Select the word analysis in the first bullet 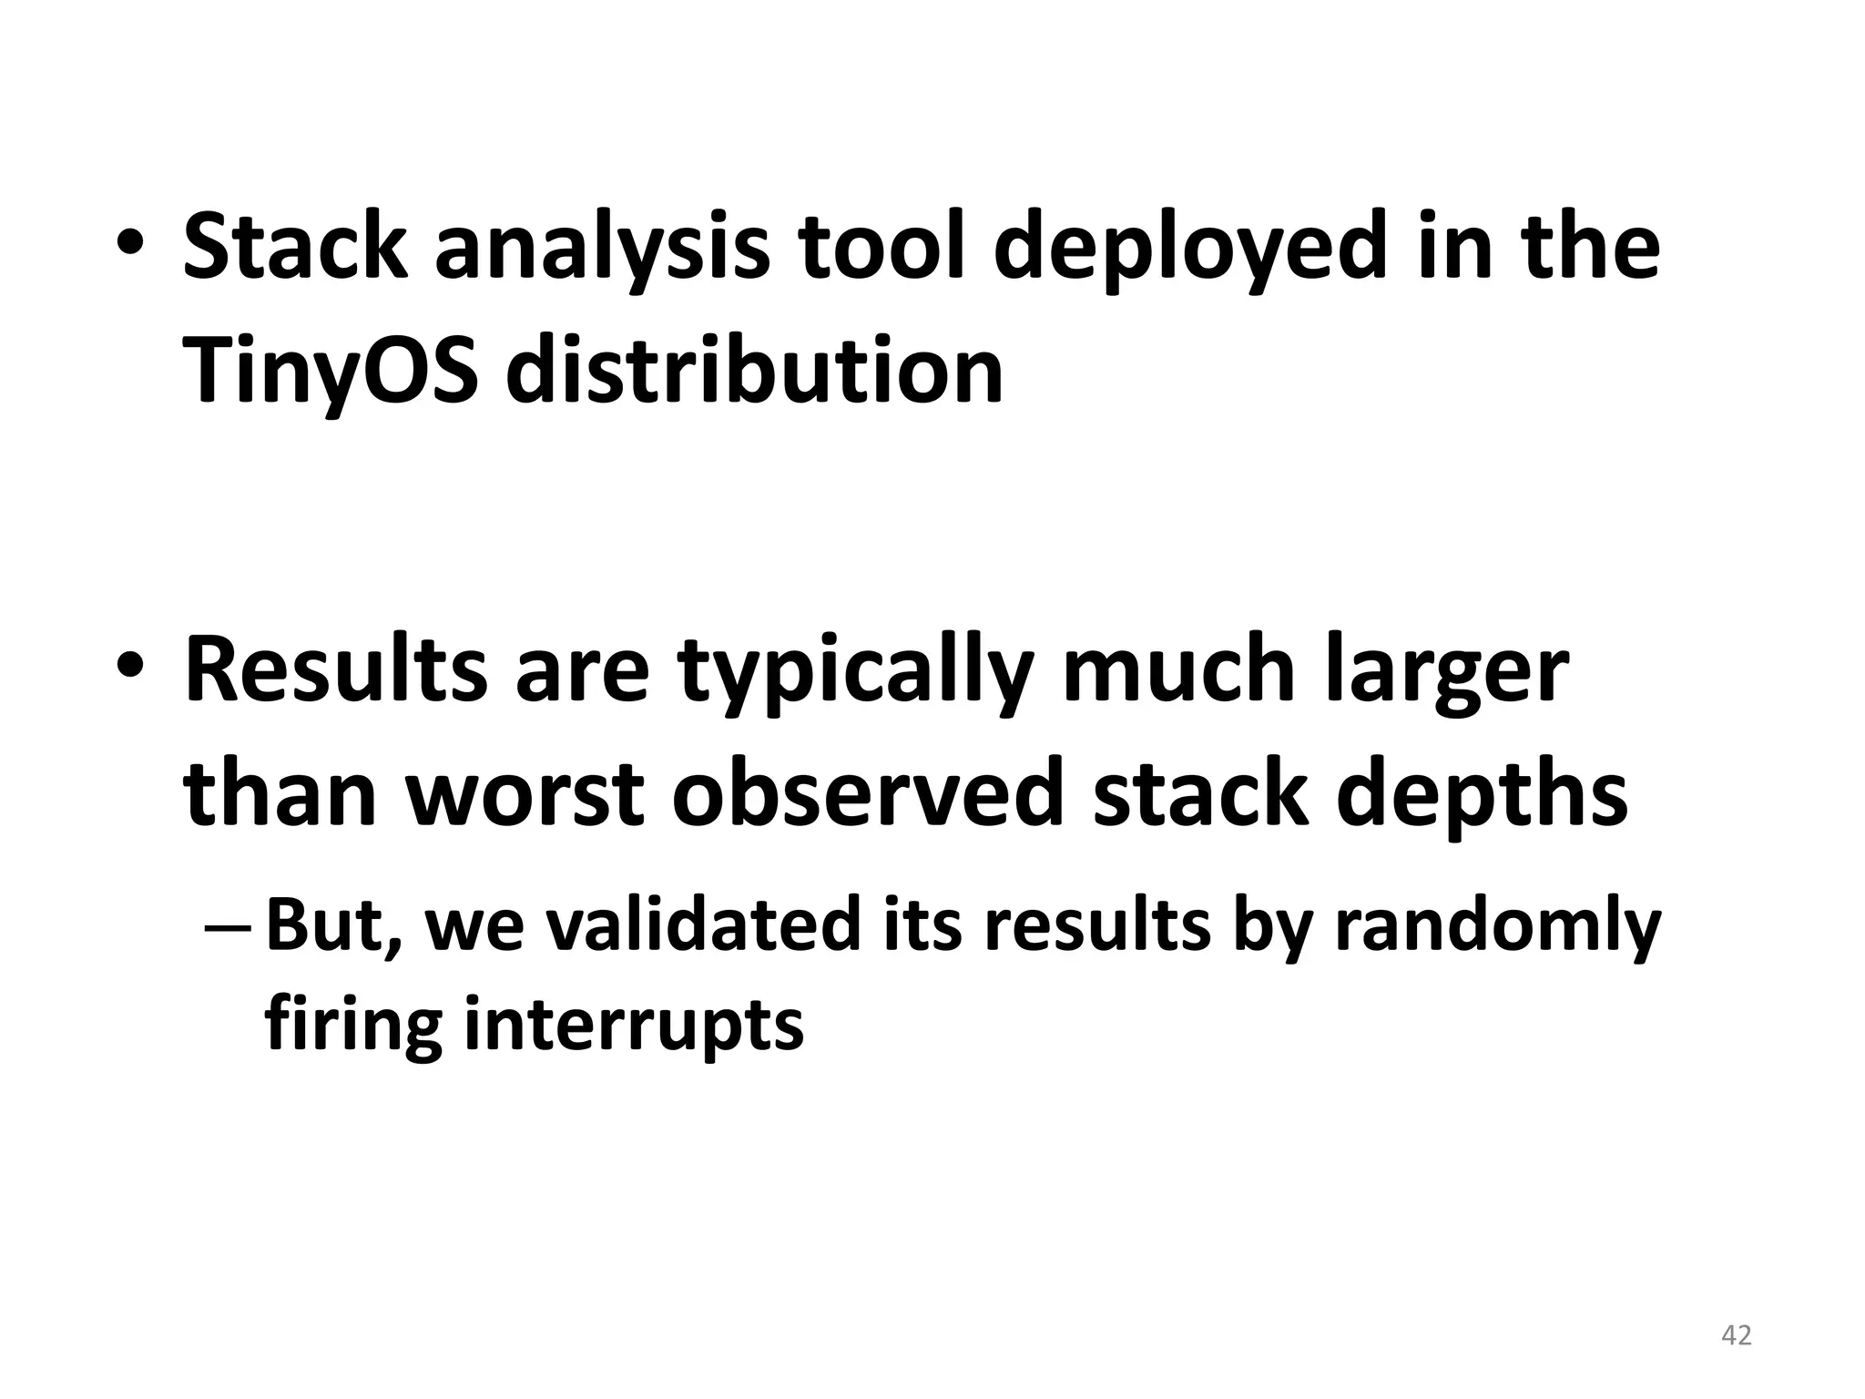click(x=602, y=248)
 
